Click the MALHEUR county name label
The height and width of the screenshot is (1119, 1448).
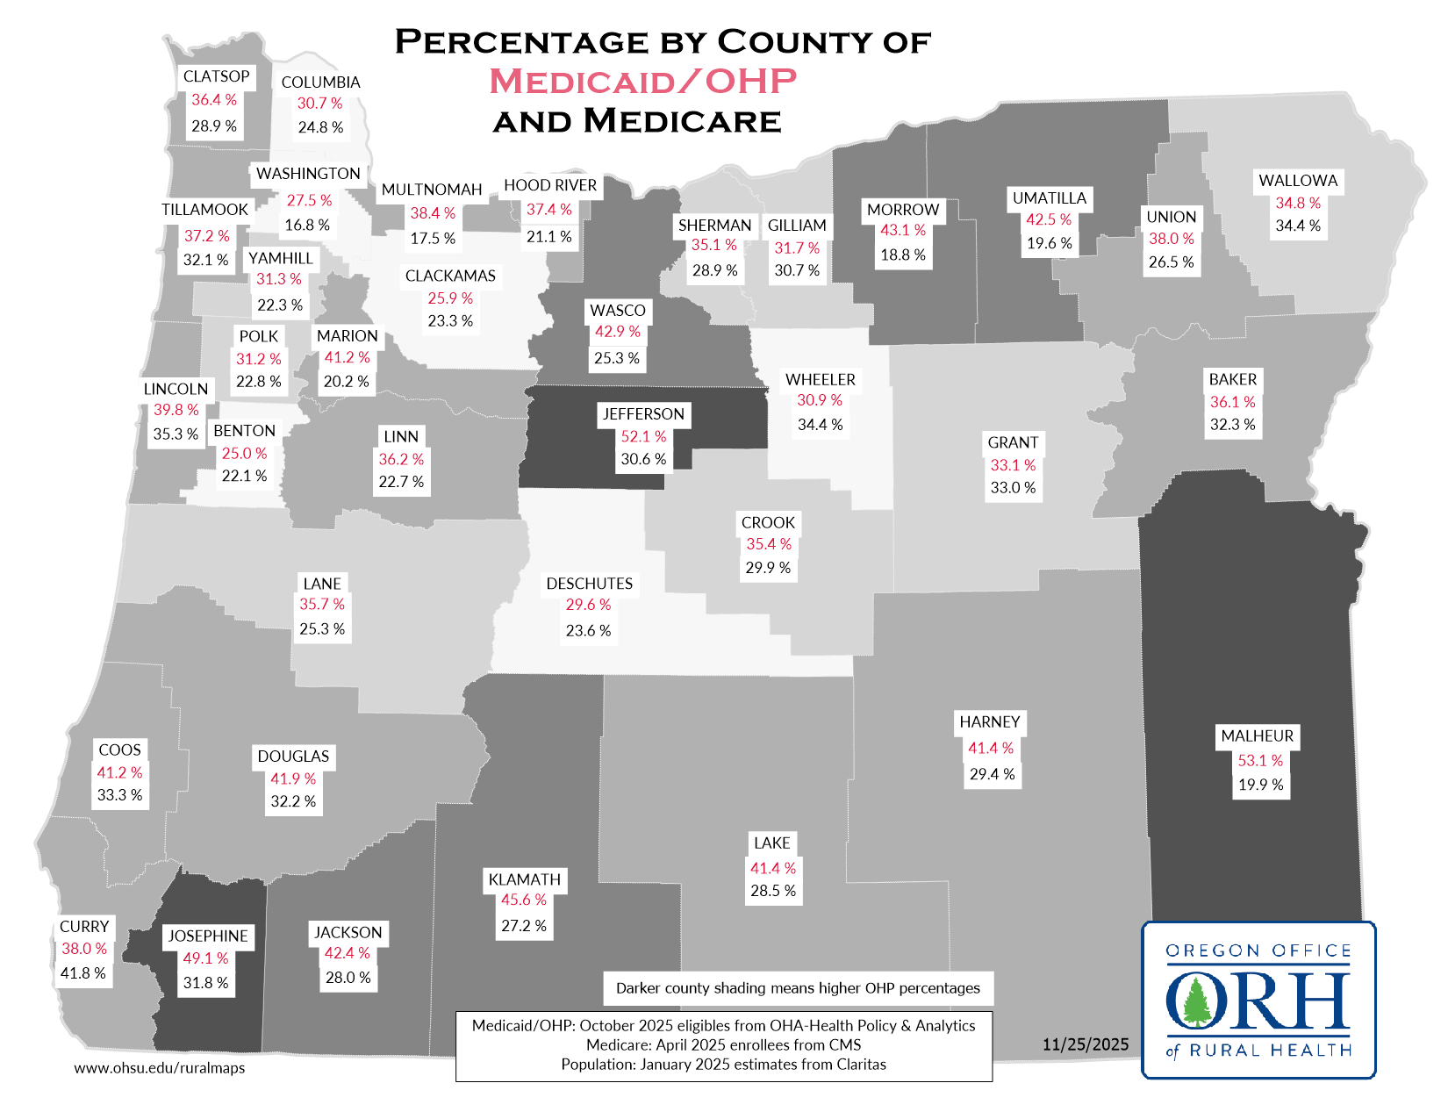pos(1257,736)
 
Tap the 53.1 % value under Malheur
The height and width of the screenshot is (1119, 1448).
pos(1260,761)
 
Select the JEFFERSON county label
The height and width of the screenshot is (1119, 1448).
pos(642,414)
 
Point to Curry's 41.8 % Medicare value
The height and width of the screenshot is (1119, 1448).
pos(82,973)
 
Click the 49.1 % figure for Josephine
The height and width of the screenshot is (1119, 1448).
pos(205,958)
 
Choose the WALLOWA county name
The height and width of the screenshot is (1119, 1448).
pos(1298,181)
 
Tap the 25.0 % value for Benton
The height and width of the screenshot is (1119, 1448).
pos(244,454)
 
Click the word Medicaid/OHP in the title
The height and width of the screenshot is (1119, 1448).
pos(642,81)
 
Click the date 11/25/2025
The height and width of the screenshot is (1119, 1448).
pos(1086,1044)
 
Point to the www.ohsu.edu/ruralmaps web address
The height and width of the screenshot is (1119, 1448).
pos(160,1068)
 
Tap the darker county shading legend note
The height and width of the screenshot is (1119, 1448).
pos(798,988)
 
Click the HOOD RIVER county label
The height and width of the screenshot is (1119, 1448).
pos(550,185)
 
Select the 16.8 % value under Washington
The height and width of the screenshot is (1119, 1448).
pos(307,226)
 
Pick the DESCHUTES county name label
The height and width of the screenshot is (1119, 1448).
pos(589,584)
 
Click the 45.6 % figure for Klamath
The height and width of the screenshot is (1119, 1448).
pos(524,900)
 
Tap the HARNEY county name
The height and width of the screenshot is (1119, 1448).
pos(989,722)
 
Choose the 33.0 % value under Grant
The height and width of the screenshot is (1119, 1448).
pos(1013,488)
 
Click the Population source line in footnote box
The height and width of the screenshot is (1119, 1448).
pos(723,1065)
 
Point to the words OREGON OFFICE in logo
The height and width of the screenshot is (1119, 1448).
pos(1258,950)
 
